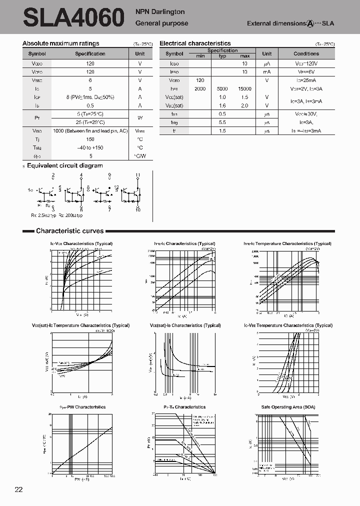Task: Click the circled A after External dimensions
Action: [x=310, y=23]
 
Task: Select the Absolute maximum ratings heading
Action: [x=61, y=43]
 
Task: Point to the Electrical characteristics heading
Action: [x=195, y=43]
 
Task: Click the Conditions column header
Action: [x=306, y=53]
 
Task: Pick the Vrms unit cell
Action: [x=140, y=130]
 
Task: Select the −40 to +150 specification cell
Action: [x=90, y=147]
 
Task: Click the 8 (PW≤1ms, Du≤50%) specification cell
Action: [x=90, y=97]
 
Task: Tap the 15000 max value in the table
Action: [x=244, y=88]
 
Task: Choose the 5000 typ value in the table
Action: [x=222, y=88]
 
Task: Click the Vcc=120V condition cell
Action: [x=306, y=63]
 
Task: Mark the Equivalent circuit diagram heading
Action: [x=64, y=165]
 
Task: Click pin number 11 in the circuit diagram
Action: [x=137, y=175]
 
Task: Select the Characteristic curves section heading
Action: [x=69, y=231]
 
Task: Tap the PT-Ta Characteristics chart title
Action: [x=184, y=407]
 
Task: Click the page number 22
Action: [x=18, y=489]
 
